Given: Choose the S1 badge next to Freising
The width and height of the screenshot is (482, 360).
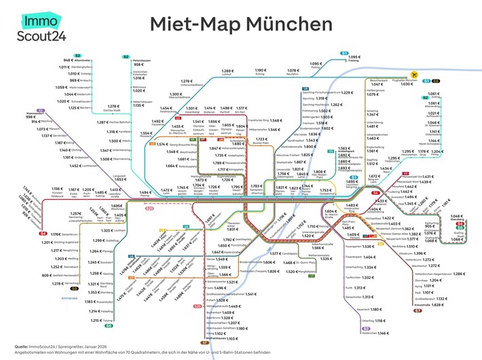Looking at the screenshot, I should pyautogui.click(x=344, y=53).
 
